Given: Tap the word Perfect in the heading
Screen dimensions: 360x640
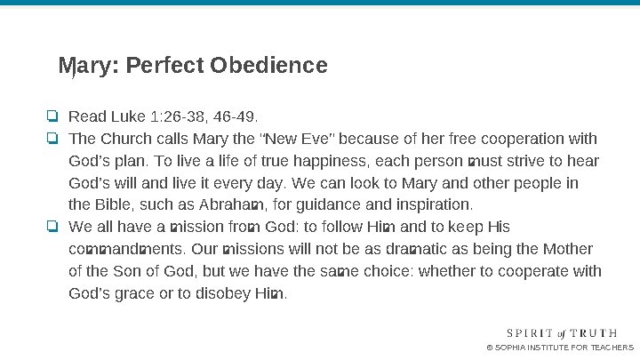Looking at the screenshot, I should [167, 66].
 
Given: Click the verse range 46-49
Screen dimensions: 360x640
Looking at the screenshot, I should [238, 116].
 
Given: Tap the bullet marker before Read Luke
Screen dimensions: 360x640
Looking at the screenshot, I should [53, 116].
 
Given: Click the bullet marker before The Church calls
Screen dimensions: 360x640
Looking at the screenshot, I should [53, 139].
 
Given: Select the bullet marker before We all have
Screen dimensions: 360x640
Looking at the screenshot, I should [53, 227].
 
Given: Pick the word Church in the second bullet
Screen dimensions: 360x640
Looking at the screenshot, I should [125, 139].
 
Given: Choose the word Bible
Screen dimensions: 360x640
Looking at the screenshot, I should [116, 205].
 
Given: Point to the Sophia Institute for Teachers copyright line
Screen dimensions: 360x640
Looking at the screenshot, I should [560, 348].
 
